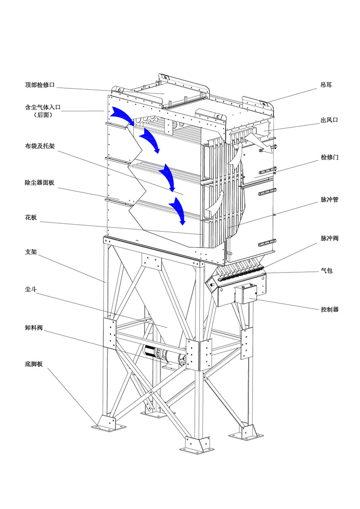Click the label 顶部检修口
tap(39, 85)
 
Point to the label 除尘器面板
tap(39, 183)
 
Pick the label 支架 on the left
tap(31, 252)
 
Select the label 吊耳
tap(326, 85)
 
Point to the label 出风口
tap(329, 120)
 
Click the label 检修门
tap(329, 157)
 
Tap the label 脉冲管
tap(329, 199)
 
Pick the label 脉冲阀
tap(329, 238)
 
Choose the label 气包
tap(326, 271)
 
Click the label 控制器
tap(329, 309)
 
